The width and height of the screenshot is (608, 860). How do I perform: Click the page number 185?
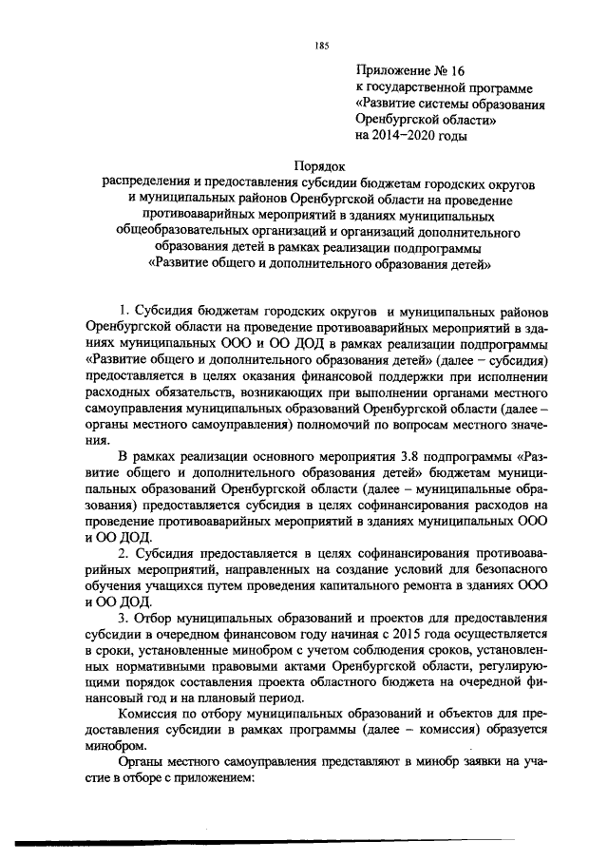tap(320, 46)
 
